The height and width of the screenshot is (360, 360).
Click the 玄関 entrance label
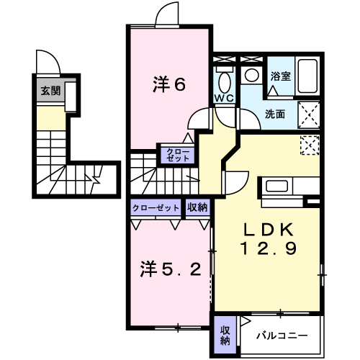pos(50,91)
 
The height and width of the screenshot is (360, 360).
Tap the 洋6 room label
pos(169,84)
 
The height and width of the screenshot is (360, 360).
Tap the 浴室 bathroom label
pos(280,77)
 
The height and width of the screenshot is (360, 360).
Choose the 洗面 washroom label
pos(274,114)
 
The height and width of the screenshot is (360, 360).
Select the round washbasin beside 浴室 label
pos(252,74)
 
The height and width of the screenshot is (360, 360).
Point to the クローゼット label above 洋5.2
pos(156,207)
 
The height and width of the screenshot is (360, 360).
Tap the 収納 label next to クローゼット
pos(198,207)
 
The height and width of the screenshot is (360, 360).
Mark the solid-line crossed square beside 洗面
pos(311,114)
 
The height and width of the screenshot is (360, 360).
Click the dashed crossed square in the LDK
pos(311,144)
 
